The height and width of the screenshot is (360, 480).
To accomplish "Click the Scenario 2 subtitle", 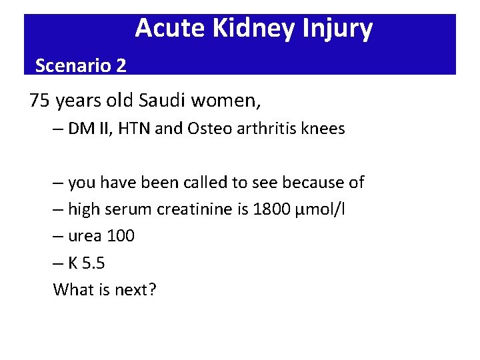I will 80,65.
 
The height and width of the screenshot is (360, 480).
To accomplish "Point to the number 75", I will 39,101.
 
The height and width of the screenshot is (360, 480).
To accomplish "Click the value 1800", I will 271,209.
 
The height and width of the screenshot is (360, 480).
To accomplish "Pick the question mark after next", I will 152,290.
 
